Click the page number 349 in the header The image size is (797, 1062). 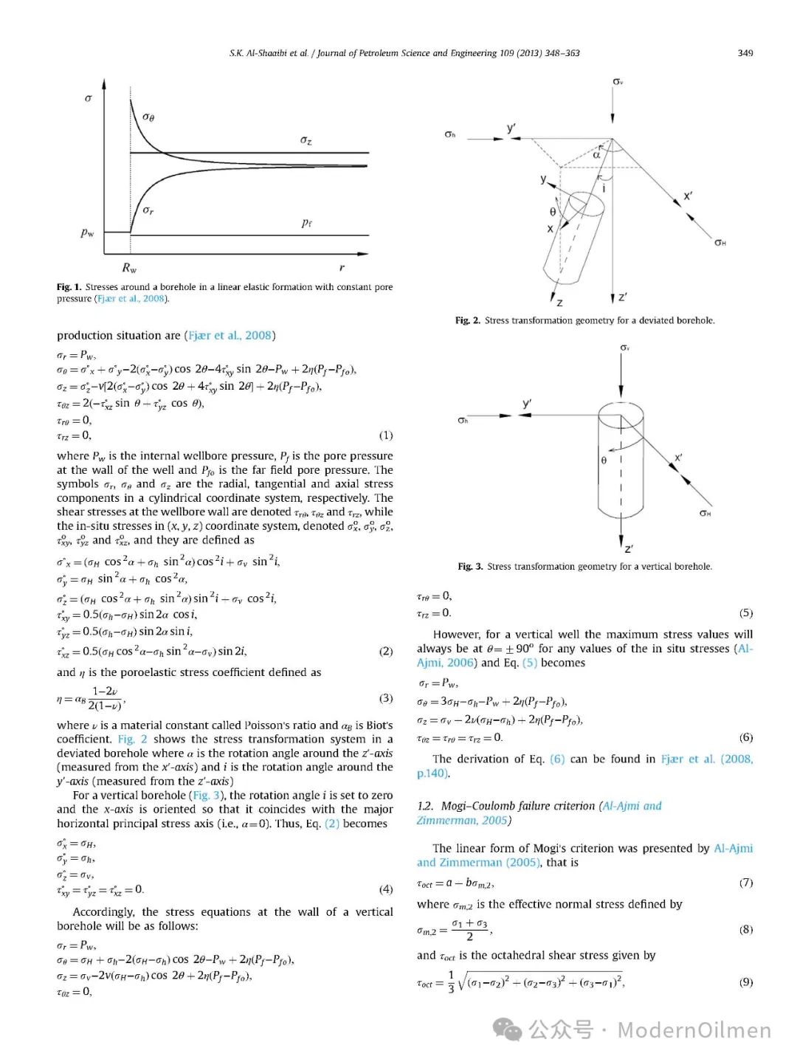[x=745, y=53]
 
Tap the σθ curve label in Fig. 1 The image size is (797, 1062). [x=148, y=117]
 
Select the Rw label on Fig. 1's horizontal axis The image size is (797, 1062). [x=129, y=268]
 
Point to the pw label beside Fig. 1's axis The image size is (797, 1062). [x=87, y=232]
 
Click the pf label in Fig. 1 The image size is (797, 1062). [x=306, y=223]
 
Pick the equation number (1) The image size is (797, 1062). [x=385, y=435]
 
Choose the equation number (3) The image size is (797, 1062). [x=385, y=698]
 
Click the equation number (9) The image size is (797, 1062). [x=746, y=982]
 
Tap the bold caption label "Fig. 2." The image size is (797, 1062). [x=468, y=320]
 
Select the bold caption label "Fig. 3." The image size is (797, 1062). [x=470, y=567]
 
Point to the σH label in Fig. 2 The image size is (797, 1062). [x=720, y=243]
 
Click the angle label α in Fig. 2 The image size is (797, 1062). [x=596, y=155]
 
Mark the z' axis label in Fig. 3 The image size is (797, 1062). [x=628, y=548]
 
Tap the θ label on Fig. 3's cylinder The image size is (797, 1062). [x=604, y=461]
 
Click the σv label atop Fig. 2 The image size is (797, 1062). [x=618, y=81]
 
